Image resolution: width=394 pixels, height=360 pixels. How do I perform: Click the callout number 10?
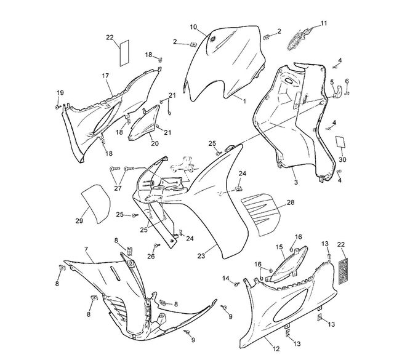coord(193,27)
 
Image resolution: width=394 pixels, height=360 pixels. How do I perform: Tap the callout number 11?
coord(324,23)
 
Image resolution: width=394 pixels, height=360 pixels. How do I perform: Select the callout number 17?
coord(105,76)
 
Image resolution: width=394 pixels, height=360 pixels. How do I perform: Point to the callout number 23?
coord(201,256)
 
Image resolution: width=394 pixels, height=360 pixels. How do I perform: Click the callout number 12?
coord(276,349)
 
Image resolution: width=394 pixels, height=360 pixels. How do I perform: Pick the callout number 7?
coord(86,249)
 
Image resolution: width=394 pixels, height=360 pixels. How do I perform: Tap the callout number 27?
coord(118,188)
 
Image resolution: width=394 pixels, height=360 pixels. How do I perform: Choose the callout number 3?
coord(295,182)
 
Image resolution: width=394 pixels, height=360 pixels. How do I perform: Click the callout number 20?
coord(155,143)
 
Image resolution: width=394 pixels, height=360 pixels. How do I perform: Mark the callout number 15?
coord(279,247)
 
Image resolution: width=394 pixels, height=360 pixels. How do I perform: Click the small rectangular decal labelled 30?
coord(341,142)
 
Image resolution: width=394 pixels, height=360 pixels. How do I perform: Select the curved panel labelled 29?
coord(96,204)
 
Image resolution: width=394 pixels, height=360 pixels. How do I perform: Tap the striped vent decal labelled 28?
coord(259,214)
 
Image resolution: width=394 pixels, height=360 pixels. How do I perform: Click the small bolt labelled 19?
coord(58,107)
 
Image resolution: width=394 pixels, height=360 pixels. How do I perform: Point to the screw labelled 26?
coord(156,246)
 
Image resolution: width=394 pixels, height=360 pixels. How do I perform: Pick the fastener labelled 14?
coord(236,284)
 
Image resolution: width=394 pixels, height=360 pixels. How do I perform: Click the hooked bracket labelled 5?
coord(337,92)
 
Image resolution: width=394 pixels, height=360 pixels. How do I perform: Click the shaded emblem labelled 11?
coord(300,39)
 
